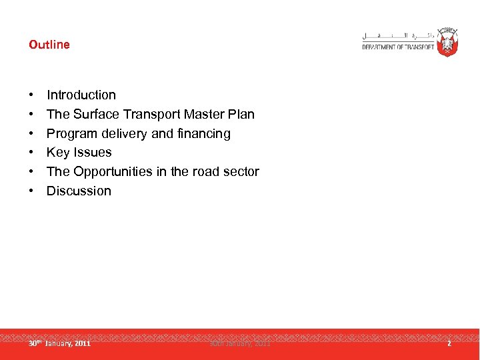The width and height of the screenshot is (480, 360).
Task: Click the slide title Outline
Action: click(x=49, y=45)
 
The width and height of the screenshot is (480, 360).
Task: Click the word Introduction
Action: click(x=81, y=95)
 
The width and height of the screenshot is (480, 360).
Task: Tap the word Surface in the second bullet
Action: click(x=95, y=114)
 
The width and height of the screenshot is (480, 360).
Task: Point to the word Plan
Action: click(x=241, y=114)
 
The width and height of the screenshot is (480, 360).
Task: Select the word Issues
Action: click(x=93, y=153)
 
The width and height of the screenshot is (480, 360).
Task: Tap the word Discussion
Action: click(x=79, y=191)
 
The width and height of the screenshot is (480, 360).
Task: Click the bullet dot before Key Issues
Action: click(x=31, y=153)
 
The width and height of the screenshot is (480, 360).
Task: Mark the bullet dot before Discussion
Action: click(x=31, y=191)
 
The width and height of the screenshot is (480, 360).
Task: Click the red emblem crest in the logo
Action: click(x=447, y=41)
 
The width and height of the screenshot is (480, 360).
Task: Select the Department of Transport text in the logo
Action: click(x=398, y=47)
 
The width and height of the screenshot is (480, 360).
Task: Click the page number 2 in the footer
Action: click(x=449, y=343)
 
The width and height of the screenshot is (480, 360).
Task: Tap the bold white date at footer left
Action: click(x=59, y=343)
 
